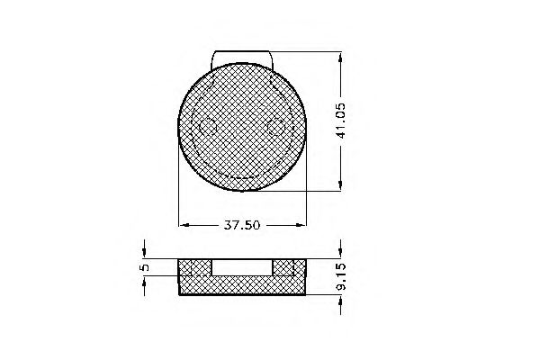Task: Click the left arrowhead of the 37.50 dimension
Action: [184, 224]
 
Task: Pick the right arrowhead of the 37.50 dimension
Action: [302, 224]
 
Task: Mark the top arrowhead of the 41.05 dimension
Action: [341, 57]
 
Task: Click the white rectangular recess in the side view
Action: [243, 266]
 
